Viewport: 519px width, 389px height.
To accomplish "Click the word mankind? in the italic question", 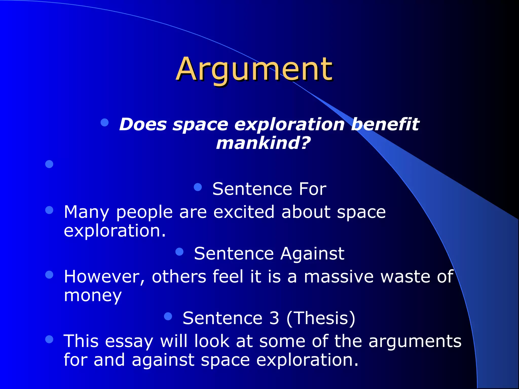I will pyautogui.click(x=263, y=143).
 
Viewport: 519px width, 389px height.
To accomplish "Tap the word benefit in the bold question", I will pyautogui.click(x=385, y=124).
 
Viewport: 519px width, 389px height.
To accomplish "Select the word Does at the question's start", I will pyautogui.click(x=143, y=124).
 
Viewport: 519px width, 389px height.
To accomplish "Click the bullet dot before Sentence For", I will pyautogui.click(x=198, y=187).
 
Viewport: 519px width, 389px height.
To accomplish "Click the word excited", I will pyautogui.click(x=244, y=212).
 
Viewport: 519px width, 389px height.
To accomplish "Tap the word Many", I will pyautogui.click(x=86, y=212).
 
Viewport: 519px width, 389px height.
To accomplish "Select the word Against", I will pyautogui.click(x=312, y=254).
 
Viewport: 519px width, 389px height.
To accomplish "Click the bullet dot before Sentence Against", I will pyautogui.click(x=179, y=252).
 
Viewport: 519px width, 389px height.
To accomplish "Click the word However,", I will pyautogui.click(x=104, y=277).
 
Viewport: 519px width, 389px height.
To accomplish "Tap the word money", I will pyautogui.click(x=93, y=295).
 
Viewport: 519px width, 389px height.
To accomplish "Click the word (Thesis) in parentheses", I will pyautogui.click(x=321, y=318).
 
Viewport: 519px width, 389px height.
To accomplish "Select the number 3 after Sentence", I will pyautogui.click(x=274, y=318).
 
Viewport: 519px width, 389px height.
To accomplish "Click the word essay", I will pyautogui.click(x=129, y=341).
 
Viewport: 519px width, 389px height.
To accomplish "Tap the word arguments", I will pyautogui.click(x=415, y=341).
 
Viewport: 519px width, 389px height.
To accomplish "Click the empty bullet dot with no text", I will pyautogui.click(x=49, y=164).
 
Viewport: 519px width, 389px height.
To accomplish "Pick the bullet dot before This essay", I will pyautogui.click(x=49, y=339).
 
